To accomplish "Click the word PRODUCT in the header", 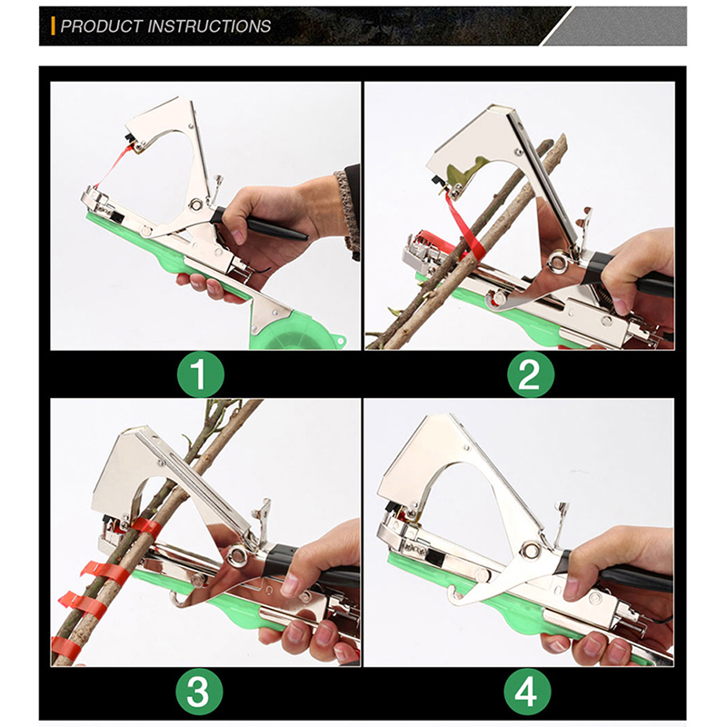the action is (x=102, y=26).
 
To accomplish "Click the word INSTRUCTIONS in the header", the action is (x=209, y=26).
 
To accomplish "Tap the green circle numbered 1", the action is (x=200, y=373).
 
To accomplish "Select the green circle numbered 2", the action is (x=530, y=373).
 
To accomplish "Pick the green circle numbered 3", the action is (x=199, y=692).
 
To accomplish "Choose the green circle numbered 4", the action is (x=527, y=692).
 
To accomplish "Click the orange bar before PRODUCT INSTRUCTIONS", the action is (x=54, y=26).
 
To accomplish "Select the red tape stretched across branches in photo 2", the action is (x=465, y=226).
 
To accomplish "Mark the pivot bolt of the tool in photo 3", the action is (x=237, y=554).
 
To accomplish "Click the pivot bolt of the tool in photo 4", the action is (x=529, y=551).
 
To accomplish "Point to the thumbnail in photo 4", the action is (x=571, y=588).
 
